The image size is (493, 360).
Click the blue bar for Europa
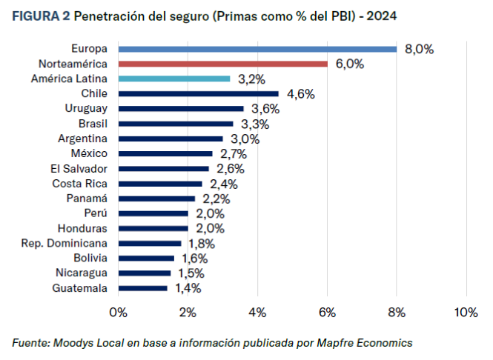(x=257, y=49)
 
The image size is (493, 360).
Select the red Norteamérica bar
(x=222, y=64)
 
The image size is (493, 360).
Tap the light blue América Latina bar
(x=174, y=79)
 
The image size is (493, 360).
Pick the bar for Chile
(x=198, y=93)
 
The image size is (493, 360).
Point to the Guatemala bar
(x=142, y=288)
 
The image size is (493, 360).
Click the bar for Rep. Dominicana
(x=149, y=243)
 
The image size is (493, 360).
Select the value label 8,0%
(x=419, y=49)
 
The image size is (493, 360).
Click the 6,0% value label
(x=349, y=64)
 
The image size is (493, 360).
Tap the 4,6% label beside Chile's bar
(x=300, y=94)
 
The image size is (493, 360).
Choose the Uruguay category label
(x=86, y=109)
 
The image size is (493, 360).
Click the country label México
(x=89, y=153)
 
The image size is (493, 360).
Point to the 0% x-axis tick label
(x=118, y=313)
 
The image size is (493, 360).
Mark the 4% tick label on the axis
(x=257, y=313)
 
